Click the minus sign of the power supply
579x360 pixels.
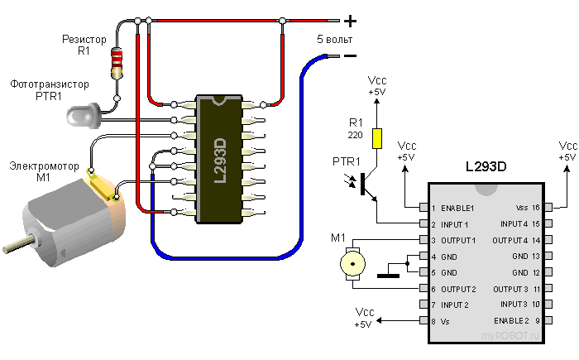[x=350, y=56]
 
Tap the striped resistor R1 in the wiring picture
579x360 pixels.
[x=117, y=62]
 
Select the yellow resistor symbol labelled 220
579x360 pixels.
[x=376, y=137]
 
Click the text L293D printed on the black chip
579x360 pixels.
[x=220, y=161]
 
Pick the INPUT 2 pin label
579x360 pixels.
[x=456, y=305]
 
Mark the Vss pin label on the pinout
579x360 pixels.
[x=521, y=208]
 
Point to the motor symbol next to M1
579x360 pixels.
[x=354, y=265]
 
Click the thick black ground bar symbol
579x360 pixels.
[x=388, y=276]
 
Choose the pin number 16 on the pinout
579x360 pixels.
[x=536, y=208]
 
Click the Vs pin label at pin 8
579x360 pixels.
[x=447, y=320]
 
